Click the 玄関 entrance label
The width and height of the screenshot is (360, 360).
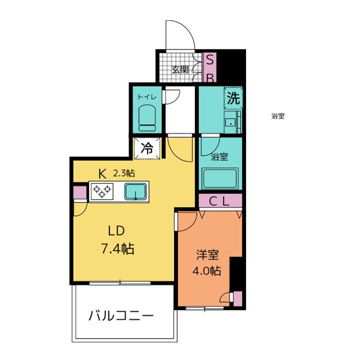[180, 70]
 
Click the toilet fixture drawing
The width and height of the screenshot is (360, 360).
[147, 117]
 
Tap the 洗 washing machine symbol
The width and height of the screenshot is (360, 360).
[233, 97]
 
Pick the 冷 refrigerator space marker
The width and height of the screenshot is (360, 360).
[147, 148]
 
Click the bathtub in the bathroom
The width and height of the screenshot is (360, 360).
[220, 177]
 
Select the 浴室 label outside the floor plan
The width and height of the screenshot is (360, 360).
[278, 116]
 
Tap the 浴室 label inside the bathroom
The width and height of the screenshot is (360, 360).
[219, 157]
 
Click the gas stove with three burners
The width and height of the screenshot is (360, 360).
[102, 191]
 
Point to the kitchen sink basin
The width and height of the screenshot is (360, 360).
[135, 191]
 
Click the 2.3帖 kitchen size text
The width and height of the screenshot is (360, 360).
[124, 173]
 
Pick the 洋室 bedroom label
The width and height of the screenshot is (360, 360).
[207, 255]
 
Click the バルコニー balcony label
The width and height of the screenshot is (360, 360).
[121, 316]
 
